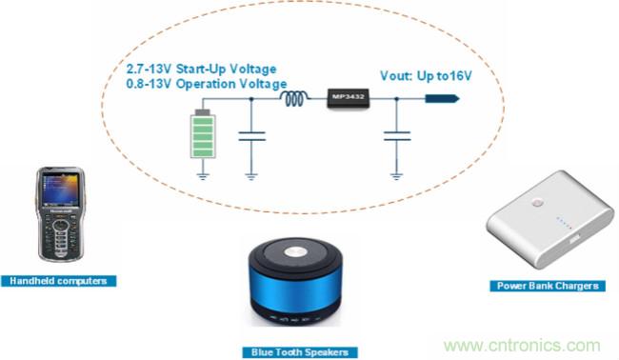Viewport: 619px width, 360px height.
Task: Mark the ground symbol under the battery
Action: pyautogui.click(x=201, y=174)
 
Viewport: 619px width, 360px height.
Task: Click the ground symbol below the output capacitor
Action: pyautogui.click(x=395, y=174)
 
